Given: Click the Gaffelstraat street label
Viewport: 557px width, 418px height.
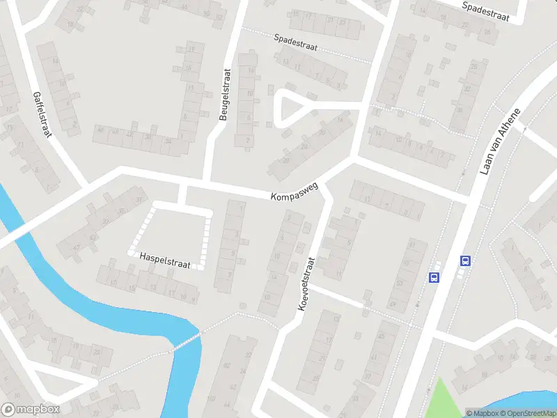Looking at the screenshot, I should point(42,114).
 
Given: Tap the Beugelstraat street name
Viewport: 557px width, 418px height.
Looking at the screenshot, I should point(224,94).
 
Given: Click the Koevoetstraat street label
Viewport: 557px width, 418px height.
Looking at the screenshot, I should point(306,284).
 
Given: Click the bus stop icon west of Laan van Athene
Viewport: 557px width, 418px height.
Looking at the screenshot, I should point(434,277).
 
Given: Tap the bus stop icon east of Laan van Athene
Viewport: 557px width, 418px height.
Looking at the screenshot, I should point(465,261).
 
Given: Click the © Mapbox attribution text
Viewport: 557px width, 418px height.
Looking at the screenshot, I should point(482,413).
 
